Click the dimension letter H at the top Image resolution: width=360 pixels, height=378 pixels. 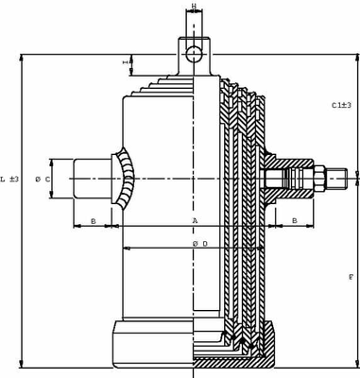[194, 7]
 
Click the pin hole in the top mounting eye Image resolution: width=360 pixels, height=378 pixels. [194, 53]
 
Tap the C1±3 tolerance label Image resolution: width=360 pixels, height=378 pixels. [341, 105]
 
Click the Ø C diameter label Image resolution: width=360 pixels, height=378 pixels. [43, 180]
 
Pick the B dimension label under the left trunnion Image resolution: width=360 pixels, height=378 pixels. [93, 221]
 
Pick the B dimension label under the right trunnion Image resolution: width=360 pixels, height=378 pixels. [295, 221]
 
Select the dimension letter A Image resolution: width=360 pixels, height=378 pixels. [195, 221]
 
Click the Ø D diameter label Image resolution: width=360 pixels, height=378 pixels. [199, 244]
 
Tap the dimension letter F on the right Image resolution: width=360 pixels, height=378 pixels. [351, 277]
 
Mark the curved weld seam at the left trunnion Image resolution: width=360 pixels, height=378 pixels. [126, 179]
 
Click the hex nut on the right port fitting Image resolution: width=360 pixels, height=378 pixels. [318, 177]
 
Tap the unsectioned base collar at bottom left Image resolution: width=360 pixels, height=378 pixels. [151, 344]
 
